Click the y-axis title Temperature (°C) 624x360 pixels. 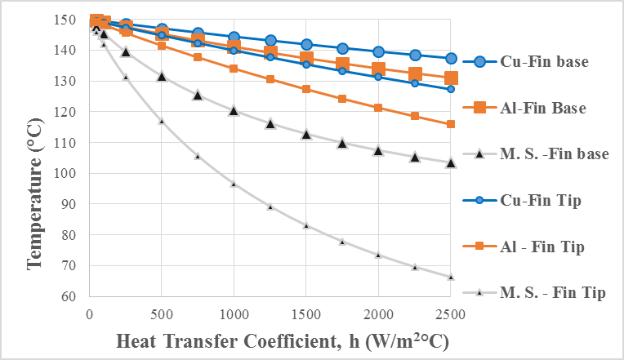[x=35, y=158]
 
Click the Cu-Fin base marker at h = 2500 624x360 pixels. [x=451, y=59]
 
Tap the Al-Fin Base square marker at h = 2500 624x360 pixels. [x=451, y=78]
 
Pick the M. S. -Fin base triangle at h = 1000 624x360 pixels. [x=234, y=110]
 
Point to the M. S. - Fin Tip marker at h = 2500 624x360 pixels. [x=451, y=277]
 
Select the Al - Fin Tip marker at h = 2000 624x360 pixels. [x=378, y=108]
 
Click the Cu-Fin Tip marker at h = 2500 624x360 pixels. [x=451, y=88]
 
